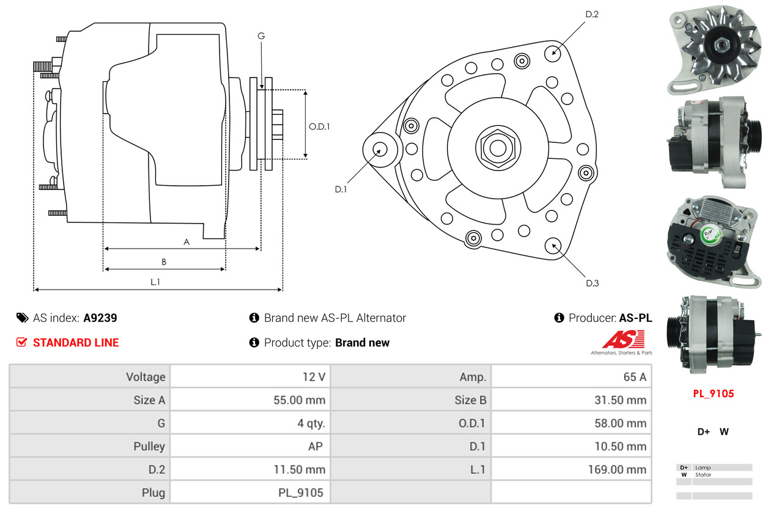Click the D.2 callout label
click(x=591, y=14)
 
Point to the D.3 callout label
click(x=592, y=283)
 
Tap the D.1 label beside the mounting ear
click(x=341, y=189)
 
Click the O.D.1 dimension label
click(x=319, y=127)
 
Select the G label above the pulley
click(x=261, y=36)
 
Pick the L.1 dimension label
click(x=155, y=282)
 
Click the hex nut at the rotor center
click(x=498, y=147)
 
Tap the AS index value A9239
click(x=100, y=318)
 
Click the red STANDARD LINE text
click(x=76, y=343)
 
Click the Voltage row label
click(x=146, y=377)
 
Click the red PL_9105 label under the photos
click(x=713, y=393)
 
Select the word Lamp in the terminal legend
click(x=703, y=467)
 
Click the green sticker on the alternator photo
click(x=709, y=232)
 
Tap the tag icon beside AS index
click(x=22, y=318)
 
